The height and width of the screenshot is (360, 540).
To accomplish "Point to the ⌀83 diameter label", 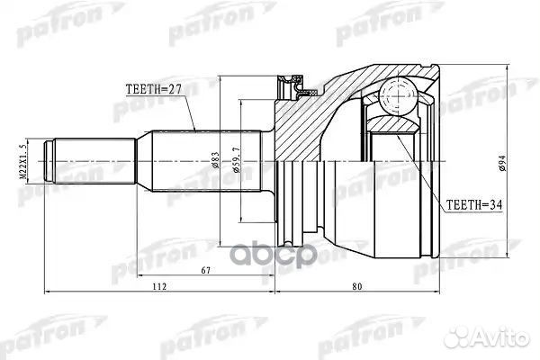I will (x=215, y=163).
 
